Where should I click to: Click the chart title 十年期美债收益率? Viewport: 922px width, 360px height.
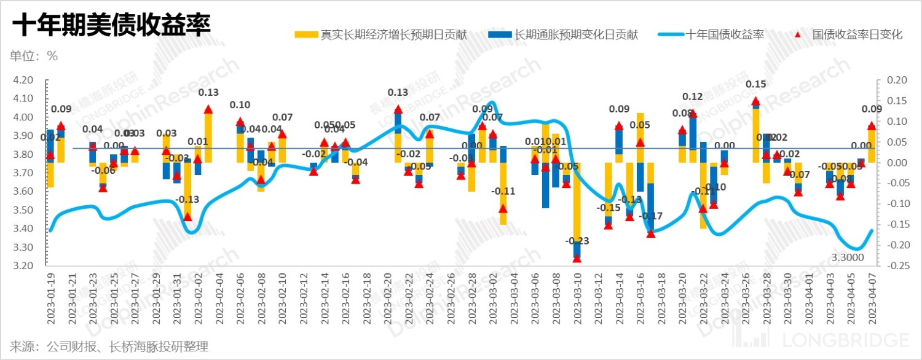click(111, 26)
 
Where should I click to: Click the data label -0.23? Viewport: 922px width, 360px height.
click(577, 240)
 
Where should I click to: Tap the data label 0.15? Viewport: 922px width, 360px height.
click(755, 84)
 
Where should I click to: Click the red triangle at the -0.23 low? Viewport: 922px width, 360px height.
click(577, 258)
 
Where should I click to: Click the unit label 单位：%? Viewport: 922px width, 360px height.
click(33, 56)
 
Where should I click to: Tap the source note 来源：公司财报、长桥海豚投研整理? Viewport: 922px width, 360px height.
click(109, 346)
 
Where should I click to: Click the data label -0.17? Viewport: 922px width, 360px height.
click(650, 216)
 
